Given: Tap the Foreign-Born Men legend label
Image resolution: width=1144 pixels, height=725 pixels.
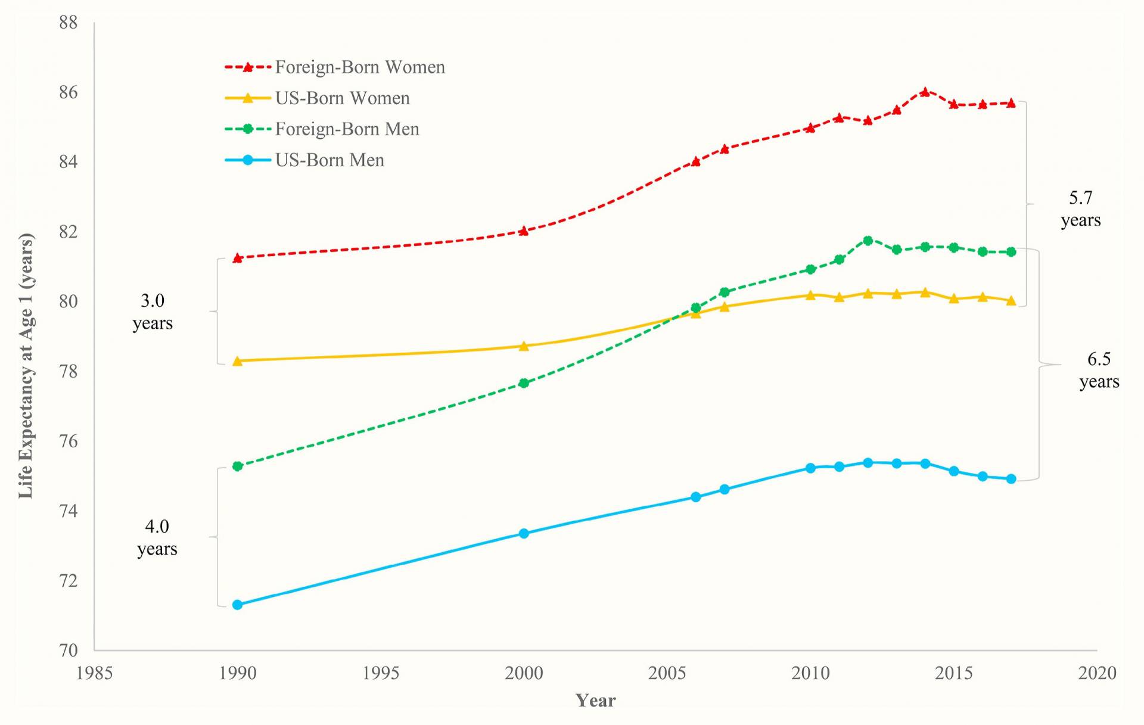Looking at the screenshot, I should pos(347,129).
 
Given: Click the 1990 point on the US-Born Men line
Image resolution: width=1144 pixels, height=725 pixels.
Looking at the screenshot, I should pos(237,605).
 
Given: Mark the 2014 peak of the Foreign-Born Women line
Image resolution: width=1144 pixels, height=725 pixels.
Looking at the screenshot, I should pos(925,92).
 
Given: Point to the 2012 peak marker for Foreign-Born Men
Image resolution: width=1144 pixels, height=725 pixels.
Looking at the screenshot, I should pos(868,241).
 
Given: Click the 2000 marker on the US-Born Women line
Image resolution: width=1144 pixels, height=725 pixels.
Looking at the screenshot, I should pos(524,346).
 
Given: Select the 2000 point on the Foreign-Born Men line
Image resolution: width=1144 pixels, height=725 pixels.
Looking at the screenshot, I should pos(524,383).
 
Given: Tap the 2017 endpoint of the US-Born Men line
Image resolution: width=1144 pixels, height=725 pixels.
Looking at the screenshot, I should pos(1011,479).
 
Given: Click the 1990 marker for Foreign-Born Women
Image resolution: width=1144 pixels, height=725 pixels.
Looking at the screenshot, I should pos(237,258).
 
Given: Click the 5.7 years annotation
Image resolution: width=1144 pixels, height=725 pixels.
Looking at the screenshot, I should pos(1080,209).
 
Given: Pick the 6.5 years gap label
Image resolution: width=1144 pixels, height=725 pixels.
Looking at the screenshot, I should pos(1099,370).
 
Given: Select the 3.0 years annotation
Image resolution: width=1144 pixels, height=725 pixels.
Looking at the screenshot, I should pos(153,312).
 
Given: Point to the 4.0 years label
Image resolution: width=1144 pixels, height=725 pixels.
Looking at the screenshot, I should pos(157,537).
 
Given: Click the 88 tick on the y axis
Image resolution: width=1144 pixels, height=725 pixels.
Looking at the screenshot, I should pos(69,23).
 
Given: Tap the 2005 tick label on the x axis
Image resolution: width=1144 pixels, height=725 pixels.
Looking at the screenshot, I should pos(667,673).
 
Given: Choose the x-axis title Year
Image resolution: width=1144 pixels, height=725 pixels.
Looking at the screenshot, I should pos(595,701).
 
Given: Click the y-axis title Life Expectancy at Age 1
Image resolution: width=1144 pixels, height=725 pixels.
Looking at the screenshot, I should pos(26,365).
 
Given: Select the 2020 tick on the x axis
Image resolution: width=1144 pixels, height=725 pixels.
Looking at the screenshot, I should pos(1097,673).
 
